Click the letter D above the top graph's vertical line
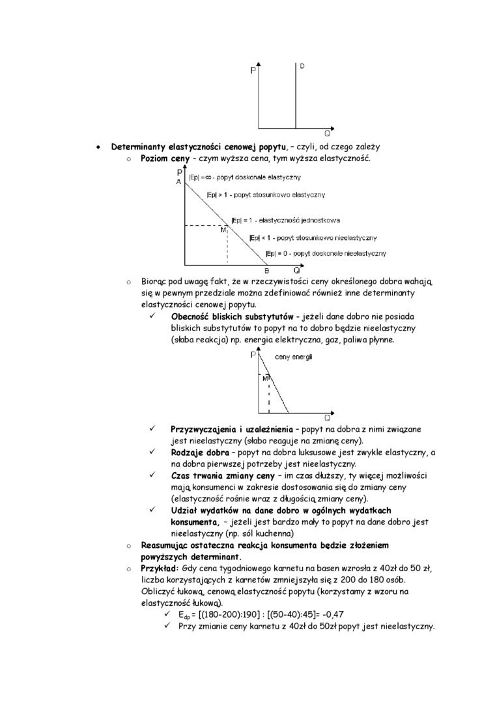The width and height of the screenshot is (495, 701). pyautogui.click(x=303, y=66)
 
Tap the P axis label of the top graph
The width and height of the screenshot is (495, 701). pyautogui.click(x=253, y=72)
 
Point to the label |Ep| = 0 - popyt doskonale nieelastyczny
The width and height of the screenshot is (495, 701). pyautogui.click(x=326, y=253)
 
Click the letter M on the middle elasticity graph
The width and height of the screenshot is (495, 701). pyautogui.click(x=223, y=230)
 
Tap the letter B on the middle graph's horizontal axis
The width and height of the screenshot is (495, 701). pyautogui.click(x=266, y=271)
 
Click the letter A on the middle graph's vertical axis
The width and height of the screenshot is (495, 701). pyautogui.click(x=178, y=182)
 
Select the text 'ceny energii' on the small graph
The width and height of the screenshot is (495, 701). pyautogui.click(x=294, y=357)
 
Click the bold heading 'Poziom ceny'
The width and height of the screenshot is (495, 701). pyautogui.click(x=165, y=160)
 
